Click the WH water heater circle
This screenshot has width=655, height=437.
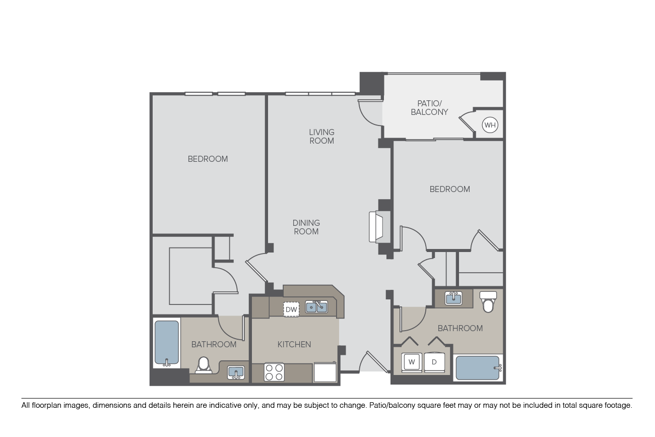490,125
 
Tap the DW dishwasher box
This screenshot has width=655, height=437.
291,309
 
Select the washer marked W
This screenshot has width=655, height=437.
412,362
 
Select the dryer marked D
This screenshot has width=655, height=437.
434,362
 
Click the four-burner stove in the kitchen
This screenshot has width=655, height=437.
274,372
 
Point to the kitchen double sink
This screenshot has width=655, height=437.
316,307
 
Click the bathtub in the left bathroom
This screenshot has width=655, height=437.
166,343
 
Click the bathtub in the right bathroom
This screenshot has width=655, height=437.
478,367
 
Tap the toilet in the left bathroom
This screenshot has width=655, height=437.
204,365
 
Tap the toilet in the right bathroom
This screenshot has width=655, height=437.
488,302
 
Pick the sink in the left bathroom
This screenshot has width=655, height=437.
236,372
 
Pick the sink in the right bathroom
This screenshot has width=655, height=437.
453,298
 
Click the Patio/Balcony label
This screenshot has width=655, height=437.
429,108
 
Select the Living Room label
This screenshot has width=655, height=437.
321,136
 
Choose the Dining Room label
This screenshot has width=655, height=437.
306,227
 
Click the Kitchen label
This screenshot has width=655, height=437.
294,344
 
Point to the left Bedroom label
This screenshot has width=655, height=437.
208,159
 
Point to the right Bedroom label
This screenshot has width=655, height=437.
450,189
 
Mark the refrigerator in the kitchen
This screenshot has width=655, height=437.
325,372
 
